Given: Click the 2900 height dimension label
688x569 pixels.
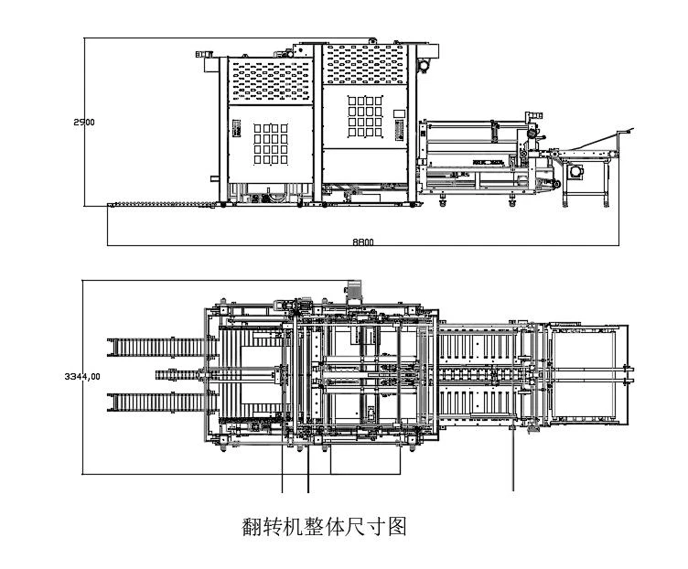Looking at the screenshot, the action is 84,122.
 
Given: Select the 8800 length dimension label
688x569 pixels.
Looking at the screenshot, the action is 363,242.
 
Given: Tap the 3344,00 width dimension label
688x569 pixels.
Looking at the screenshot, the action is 82,376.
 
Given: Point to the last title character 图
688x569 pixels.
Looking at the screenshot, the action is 398,526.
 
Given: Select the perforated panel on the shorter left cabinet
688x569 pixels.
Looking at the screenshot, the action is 271,81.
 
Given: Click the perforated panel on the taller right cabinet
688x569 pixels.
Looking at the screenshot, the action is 365,64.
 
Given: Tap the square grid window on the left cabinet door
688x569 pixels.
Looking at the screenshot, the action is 271,144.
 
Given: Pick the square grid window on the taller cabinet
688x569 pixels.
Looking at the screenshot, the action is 365,116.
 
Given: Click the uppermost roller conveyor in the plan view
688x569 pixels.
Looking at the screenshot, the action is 162,347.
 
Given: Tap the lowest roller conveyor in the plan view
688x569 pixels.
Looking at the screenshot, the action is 162,403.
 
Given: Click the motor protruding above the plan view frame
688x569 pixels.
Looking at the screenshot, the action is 353,291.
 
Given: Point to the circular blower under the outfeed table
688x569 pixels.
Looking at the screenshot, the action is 575,172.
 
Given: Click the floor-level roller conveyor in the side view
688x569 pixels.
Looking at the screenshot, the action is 162,204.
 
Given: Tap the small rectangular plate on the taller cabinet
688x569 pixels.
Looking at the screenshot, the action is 399,113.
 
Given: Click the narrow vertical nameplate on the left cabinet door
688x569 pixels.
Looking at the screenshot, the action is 236,129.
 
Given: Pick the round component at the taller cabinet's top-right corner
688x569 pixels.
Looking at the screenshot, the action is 424,66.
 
